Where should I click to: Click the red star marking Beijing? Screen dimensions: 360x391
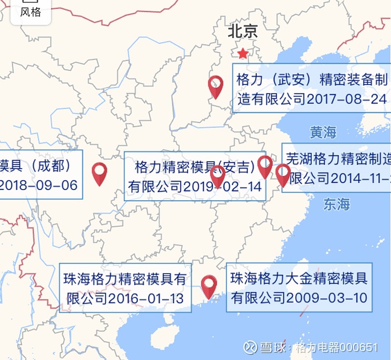tap(242, 53)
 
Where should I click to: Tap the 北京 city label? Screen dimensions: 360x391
tap(242, 32)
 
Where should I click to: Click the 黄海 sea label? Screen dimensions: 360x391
tap(323, 132)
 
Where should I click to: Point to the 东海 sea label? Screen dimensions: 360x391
tap(337, 204)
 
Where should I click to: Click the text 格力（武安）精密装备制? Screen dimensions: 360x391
tap(312, 80)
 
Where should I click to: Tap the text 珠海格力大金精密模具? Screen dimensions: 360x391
tap(299, 279)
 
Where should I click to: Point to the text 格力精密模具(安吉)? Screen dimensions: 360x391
tap(195, 168)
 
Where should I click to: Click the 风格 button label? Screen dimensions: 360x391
tap(30, 12)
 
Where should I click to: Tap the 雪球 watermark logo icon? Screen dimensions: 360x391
tap(250, 347)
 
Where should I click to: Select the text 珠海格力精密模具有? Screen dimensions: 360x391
tap(125, 279)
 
